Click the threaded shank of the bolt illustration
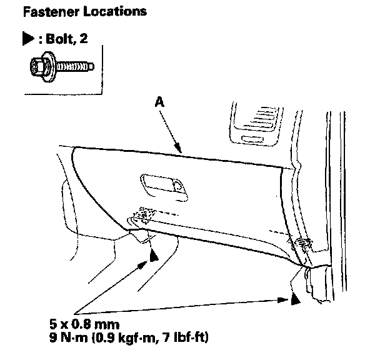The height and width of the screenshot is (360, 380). click(77, 65)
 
